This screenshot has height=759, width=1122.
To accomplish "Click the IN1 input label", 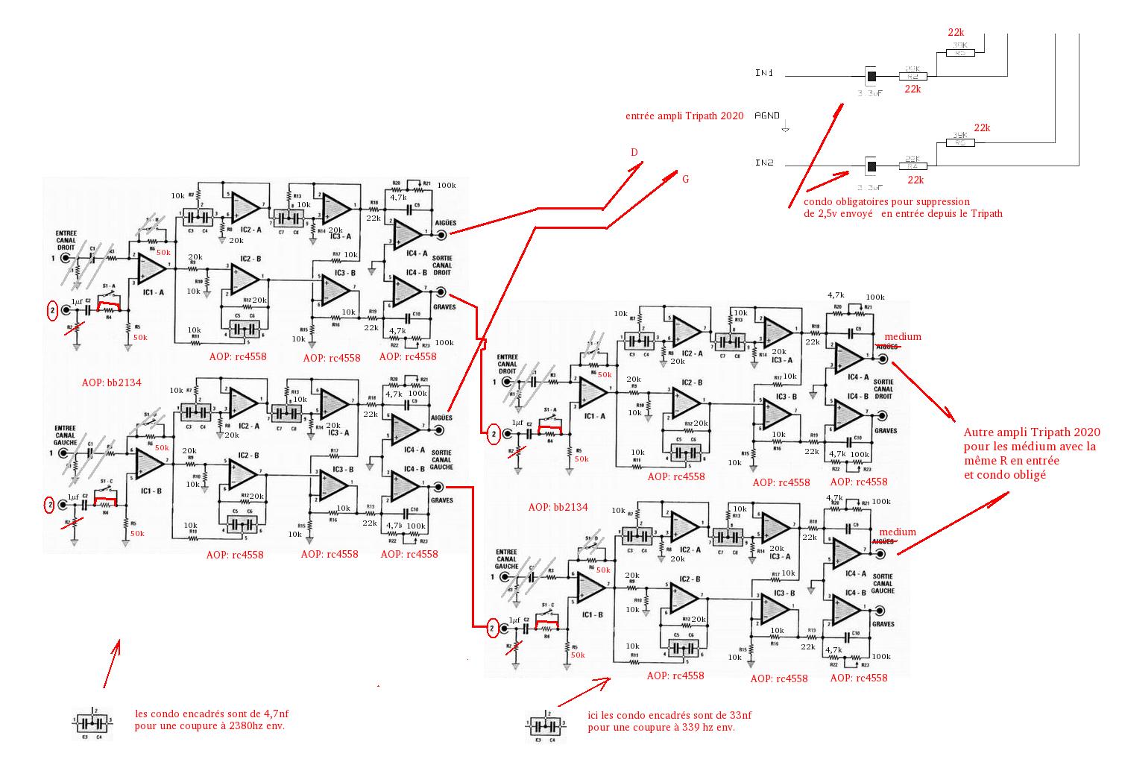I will pos(764,73).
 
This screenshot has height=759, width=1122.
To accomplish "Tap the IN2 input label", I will pos(764,163).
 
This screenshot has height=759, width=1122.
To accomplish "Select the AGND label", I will pos(767,116).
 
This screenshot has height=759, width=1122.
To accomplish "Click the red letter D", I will pos(634,153).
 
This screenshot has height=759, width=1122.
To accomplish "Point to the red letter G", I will pos(685,179).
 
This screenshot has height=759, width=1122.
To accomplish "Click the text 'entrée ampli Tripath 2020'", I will pos(685,116).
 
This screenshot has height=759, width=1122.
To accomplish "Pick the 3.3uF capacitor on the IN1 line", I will pos(869,76).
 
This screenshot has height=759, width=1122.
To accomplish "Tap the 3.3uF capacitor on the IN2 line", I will pos(869,165).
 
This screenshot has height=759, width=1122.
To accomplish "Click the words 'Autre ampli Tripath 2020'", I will pos(1031,432).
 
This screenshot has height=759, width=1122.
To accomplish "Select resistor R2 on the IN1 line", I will pos(915,76).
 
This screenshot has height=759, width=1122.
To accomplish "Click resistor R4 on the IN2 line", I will pos(915,166).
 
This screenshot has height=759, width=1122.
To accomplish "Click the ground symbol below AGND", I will pos(784,129).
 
